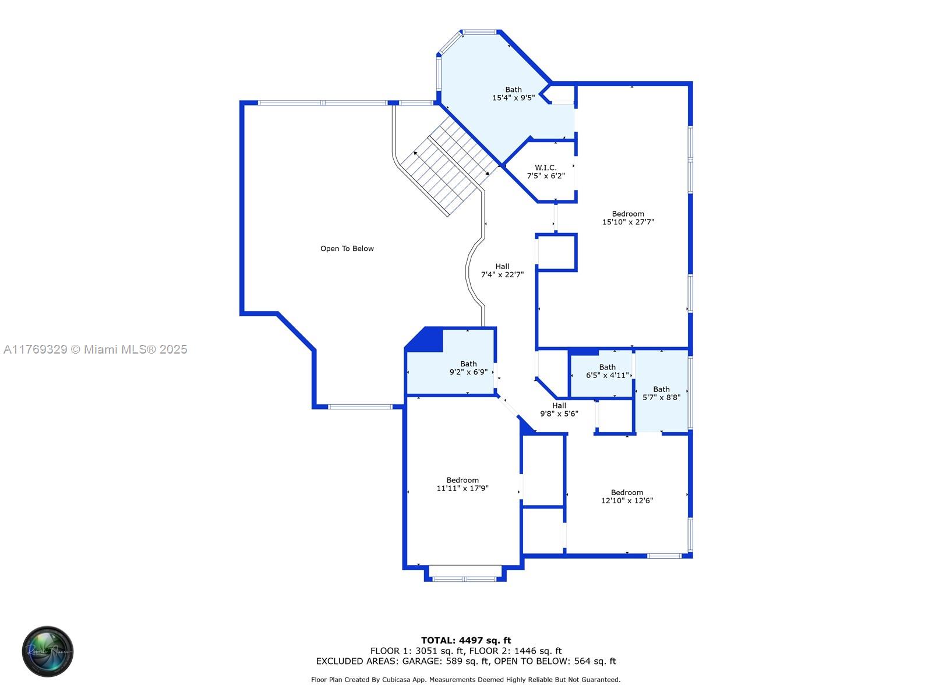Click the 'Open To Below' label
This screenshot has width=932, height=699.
(347, 249)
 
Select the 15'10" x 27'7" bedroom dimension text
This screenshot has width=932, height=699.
(628, 222)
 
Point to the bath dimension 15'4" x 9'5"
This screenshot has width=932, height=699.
(513, 98)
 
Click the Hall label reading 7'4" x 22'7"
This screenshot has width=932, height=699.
(502, 270)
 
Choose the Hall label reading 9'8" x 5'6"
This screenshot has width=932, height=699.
(559, 409)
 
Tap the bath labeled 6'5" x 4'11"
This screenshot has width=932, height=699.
(607, 372)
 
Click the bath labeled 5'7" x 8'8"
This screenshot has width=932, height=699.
(661, 393)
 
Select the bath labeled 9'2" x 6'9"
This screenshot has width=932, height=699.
(468, 368)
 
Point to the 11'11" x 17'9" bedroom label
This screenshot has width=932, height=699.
(463, 484)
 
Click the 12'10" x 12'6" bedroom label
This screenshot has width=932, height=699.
(627, 496)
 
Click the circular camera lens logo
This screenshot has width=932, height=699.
(48, 651)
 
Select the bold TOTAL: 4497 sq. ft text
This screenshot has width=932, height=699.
(466, 640)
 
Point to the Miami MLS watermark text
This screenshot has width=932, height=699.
(95, 349)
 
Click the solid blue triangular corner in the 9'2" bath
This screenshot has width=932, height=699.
(425, 340)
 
